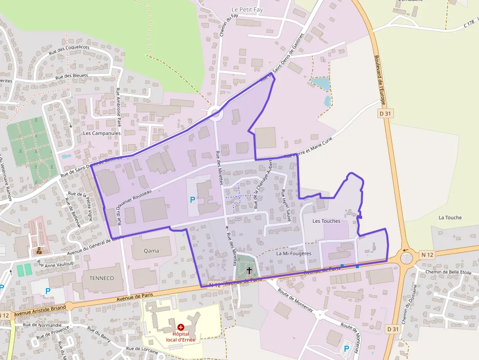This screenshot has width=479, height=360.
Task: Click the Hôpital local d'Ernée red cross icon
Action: (x=181, y=327)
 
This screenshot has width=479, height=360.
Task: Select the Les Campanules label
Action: (x=102, y=133)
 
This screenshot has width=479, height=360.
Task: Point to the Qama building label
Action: (x=152, y=251)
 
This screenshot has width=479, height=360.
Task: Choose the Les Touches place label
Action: (x=326, y=221)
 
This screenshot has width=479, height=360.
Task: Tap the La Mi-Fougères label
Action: (x=294, y=254)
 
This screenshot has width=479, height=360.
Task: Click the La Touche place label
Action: (x=450, y=217)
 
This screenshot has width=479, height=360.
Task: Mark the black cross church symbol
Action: (x=249, y=270)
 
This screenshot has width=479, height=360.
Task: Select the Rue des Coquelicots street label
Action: (x=70, y=48)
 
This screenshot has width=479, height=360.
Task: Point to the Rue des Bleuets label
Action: (x=72, y=76)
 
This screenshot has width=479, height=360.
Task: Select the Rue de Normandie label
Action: (x=43, y=325)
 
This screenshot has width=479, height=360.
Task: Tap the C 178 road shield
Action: (x=470, y=22)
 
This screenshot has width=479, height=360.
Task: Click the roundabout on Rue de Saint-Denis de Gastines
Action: (x=215, y=114)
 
